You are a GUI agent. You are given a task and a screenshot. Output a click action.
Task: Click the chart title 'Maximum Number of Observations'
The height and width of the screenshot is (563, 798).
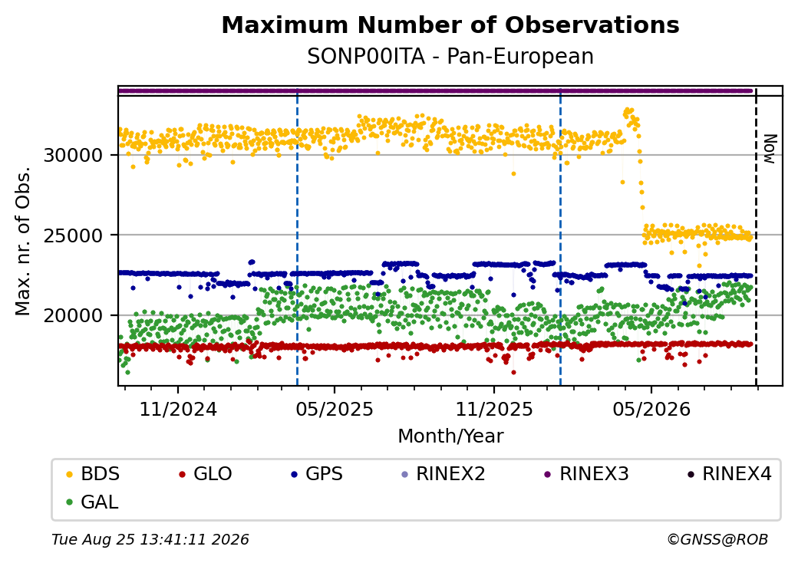tap(450, 25)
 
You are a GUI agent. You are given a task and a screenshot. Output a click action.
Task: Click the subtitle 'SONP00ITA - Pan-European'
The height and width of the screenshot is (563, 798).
tap(450, 57)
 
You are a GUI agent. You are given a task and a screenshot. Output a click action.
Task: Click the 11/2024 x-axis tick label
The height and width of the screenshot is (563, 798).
tap(178, 409)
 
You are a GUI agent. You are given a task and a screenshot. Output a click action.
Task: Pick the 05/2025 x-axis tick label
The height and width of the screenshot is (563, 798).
tap(335, 409)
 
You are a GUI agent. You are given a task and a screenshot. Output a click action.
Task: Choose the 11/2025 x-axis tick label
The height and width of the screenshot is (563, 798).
tap(493, 409)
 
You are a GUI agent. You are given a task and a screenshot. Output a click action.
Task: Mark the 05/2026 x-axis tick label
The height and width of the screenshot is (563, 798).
tap(651, 409)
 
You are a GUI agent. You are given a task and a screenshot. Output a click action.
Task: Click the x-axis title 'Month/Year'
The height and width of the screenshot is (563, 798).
tap(450, 436)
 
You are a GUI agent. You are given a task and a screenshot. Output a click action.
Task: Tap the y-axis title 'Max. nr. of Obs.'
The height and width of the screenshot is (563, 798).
tap(23, 241)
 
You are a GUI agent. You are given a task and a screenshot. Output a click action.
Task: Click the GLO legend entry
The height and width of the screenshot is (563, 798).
tap(206, 474)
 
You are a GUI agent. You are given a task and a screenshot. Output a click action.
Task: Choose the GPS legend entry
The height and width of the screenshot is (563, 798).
tap(318, 474)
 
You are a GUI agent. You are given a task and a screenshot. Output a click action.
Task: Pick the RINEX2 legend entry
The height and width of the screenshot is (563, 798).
tap(444, 474)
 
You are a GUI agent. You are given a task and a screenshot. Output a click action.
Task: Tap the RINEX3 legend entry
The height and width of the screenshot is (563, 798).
tap(587, 474)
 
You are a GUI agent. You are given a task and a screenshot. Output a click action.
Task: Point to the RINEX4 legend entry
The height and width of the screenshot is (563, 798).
tap(729, 474)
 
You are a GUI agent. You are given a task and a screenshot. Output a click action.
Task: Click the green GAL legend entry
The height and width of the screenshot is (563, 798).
tap(93, 502)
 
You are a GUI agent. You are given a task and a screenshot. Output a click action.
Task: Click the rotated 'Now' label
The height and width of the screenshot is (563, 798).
tap(770, 149)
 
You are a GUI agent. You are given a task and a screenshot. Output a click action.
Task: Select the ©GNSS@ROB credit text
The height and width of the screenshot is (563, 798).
tap(717, 539)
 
